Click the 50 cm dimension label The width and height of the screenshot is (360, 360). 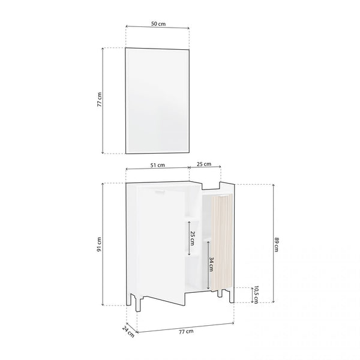coord(158,23)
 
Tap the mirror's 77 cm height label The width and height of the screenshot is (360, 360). coord(99,100)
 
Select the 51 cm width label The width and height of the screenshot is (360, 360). coord(157,165)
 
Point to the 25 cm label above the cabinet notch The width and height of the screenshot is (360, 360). coord(204,164)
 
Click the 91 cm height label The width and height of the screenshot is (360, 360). coord(99,244)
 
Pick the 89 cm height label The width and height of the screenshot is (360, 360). coord(277,245)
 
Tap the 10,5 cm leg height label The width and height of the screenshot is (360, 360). coord(256,295)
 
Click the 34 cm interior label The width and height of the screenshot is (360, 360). coord(211,264)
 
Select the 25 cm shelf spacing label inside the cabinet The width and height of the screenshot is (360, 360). coord(193,238)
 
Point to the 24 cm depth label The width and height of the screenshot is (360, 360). coord(128,332)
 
